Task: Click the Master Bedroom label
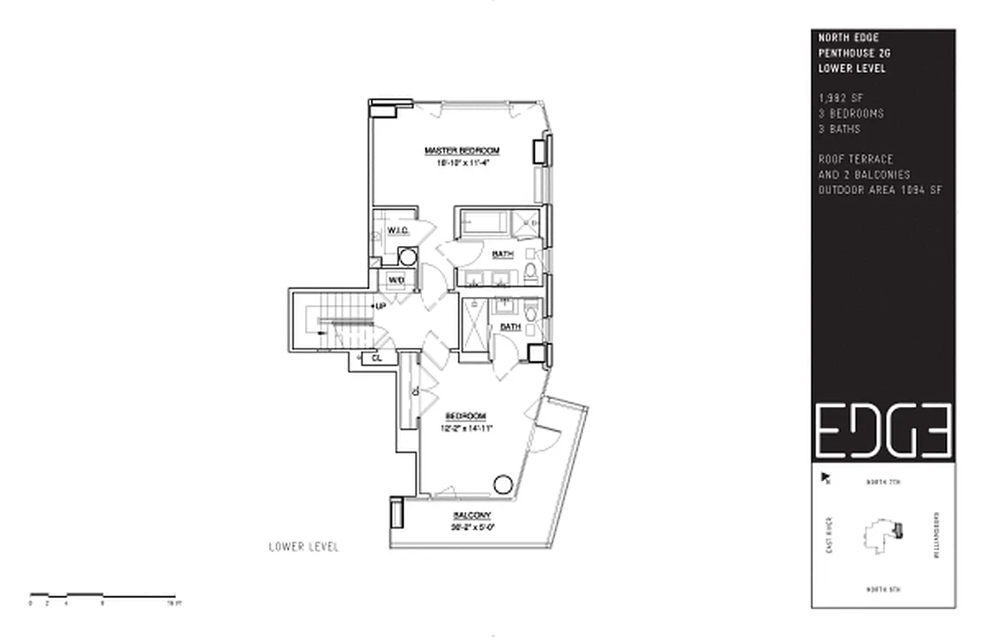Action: (461, 150)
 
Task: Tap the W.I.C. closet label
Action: (398, 231)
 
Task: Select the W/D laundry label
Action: (397, 280)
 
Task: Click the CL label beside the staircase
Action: (377, 358)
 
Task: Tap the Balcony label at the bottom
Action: (472, 515)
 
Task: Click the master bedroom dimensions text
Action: (461, 162)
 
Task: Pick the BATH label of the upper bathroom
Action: (502, 255)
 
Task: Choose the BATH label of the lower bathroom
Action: (510, 326)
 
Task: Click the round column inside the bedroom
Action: (503, 483)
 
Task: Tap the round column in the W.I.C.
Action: (408, 256)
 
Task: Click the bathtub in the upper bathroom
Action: (484, 223)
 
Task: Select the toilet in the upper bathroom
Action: (531, 276)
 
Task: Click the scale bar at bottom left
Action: (102, 596)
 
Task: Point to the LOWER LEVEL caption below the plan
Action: (303, 547)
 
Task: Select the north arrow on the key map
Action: (826, 479)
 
